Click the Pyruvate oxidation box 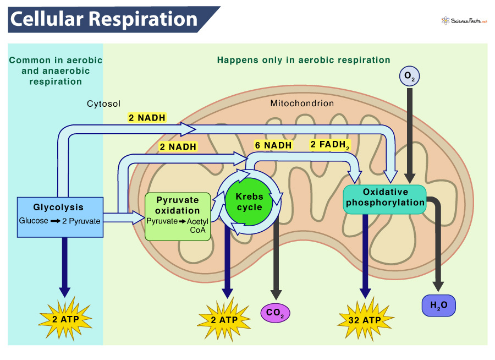178,216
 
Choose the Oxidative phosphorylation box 385,198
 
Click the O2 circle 408,76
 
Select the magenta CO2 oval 275,313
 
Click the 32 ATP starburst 363,320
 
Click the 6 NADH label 273,145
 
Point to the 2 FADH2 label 330,145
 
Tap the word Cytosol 103,103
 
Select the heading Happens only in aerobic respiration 304,60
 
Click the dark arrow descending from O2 409,132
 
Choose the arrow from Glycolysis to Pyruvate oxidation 123,217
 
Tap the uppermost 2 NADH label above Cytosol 147,117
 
